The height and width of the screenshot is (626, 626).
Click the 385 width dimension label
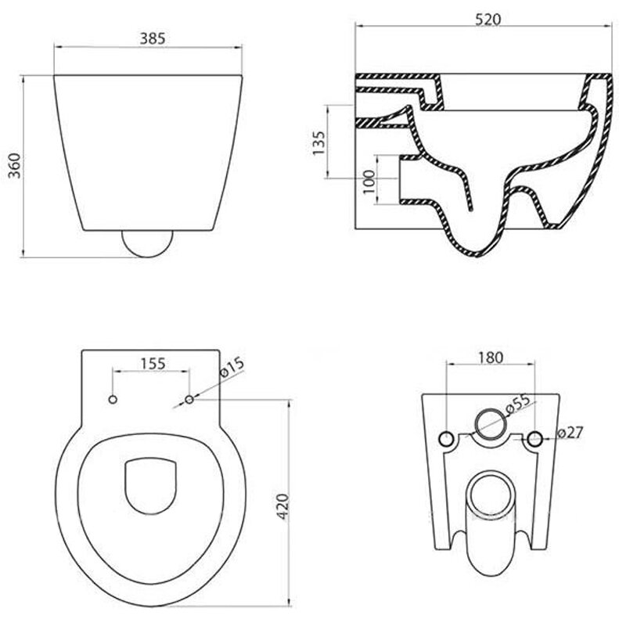(152, 38)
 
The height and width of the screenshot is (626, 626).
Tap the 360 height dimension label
(14, 165)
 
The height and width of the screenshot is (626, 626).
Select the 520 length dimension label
(487, 19)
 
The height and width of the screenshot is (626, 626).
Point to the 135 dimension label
(318, 143)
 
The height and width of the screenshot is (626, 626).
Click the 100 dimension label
(369, 182)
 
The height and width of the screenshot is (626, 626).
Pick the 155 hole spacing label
(153, 364)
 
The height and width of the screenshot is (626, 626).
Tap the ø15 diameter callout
(232, 367)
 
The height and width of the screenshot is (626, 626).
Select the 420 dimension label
(282, 506)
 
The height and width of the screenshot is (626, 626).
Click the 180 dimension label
(491, 358)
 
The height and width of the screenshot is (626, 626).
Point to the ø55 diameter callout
(518, 404)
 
